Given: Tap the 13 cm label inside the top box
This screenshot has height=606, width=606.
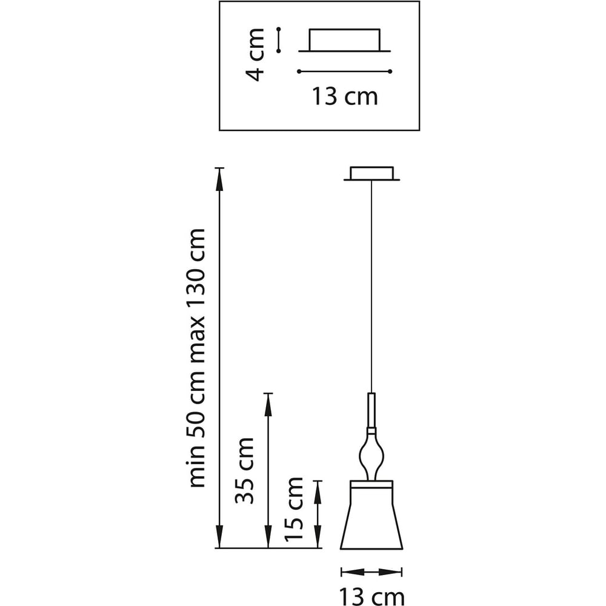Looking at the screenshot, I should [x=345, y=96].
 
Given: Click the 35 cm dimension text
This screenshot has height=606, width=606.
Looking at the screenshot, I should [x=244, y=470].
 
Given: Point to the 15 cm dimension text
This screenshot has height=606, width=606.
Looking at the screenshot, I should [x=293, y=509].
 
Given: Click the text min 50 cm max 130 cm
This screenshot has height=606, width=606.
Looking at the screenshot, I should [x=199, y=358].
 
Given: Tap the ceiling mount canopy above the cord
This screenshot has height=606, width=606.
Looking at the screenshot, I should [x=372, y=173].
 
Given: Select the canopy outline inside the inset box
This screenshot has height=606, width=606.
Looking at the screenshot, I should [x=345, y=40].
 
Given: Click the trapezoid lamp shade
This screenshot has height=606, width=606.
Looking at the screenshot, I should [x=371, y=515].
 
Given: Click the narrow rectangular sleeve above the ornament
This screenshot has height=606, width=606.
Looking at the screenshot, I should [x=371, y=409].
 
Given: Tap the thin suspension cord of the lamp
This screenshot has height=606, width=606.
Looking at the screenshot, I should [x=371, y=285].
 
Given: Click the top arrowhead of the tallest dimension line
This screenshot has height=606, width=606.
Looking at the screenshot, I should [x=219, y=177].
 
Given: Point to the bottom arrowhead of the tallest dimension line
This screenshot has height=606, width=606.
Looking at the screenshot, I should [x=219, y=539].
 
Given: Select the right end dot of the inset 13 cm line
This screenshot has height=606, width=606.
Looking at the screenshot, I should [x=391, y=72].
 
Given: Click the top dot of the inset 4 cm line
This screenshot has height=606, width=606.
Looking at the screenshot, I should [x=279, y=28].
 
